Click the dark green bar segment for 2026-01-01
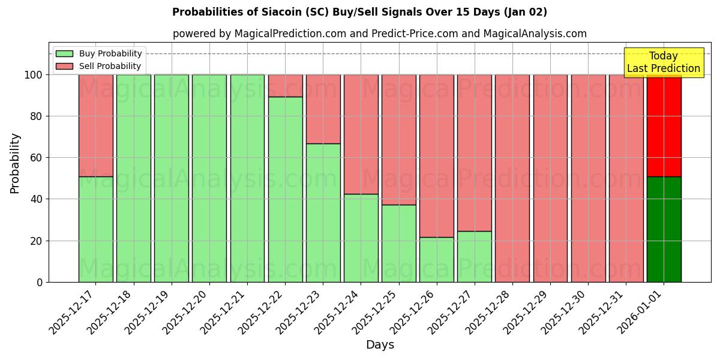tap(664, 229)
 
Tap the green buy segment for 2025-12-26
tap(437, 259)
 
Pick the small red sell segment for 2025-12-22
tap(285, 85)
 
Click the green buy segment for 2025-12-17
tap(95, 229)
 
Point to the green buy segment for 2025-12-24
tap(361, 238)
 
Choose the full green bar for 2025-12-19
tap(171, 178)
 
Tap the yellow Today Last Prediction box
tap(664, 62)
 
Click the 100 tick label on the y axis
tap(32, 75)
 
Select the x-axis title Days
tap(380, 345)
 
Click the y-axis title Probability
tap(15, 163)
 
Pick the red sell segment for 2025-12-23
tap(323, 109)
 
